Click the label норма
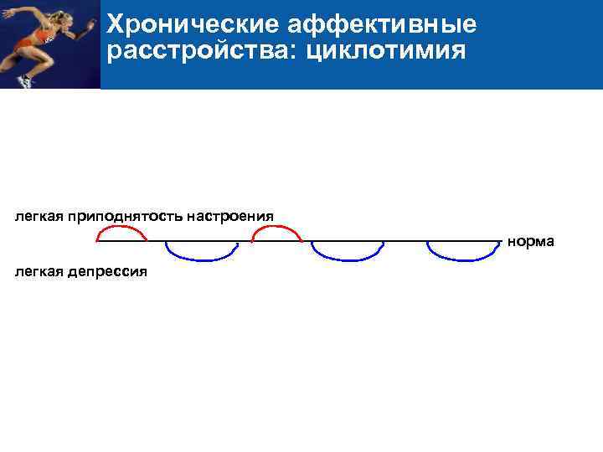click(x=530, y=241)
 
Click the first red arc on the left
click(x=121, y=227)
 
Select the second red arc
click(x=276, y=227)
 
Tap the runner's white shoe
click(x=24, y=81)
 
